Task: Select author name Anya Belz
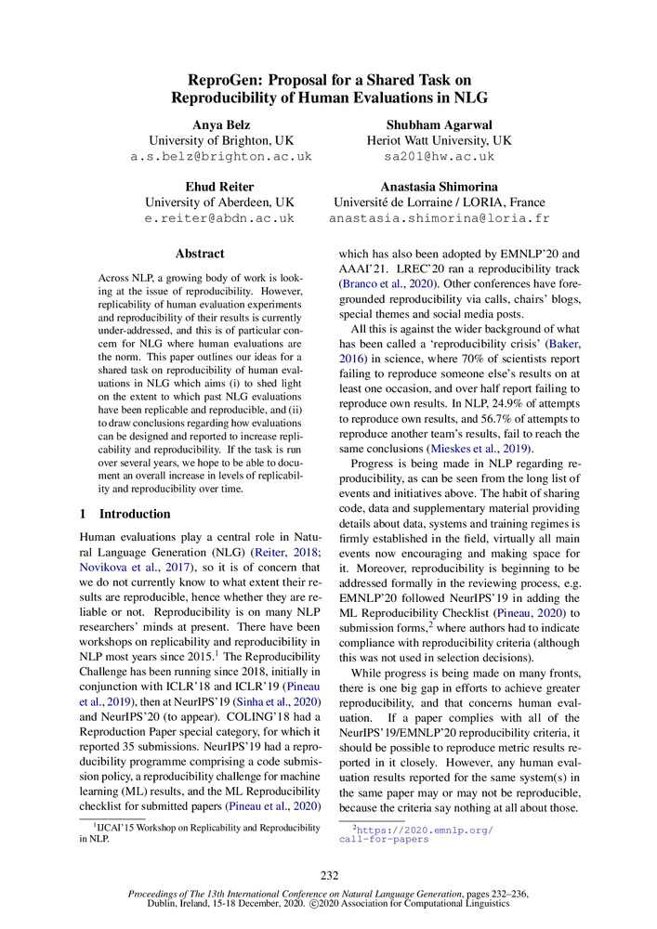[220, 124]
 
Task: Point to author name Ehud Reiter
[220, 186]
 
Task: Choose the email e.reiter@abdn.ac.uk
[220, 219]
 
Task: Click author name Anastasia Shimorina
[440, 186]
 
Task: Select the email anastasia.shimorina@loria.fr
[440, 219]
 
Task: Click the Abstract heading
[200, 254]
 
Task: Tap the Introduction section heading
[135, 514]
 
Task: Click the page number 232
[328, 875]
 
